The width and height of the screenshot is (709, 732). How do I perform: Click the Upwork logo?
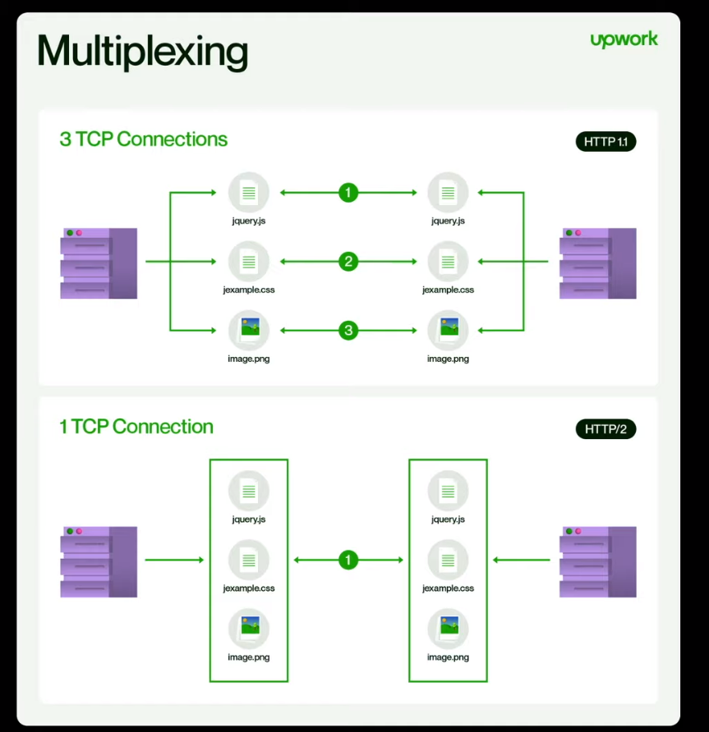624,39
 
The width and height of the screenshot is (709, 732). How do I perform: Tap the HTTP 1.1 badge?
605,141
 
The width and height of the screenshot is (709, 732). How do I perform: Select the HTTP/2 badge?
605,428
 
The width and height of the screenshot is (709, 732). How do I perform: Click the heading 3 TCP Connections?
143,139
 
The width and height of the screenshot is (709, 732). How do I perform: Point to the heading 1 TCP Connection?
136,427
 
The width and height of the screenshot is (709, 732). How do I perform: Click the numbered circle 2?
348,262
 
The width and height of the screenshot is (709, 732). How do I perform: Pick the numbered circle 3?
348,331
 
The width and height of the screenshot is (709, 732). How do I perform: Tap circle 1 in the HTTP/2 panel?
348,560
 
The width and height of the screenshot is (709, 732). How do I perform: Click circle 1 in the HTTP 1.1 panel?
348,193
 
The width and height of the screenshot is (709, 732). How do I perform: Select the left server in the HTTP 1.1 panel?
99,263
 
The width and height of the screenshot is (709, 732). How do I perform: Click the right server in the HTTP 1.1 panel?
597,263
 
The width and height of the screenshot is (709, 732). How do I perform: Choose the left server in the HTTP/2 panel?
99,561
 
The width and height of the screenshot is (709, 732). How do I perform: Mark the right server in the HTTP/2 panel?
597,561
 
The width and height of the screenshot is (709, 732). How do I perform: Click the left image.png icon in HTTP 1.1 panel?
249,330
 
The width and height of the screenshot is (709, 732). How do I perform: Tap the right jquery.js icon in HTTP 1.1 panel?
448,193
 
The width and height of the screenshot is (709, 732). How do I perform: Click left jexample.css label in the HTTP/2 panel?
249,588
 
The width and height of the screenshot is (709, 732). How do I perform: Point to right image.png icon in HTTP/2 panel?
448,629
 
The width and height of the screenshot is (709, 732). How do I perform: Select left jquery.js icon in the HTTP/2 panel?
249,492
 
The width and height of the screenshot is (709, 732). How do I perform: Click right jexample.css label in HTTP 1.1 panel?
448,290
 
